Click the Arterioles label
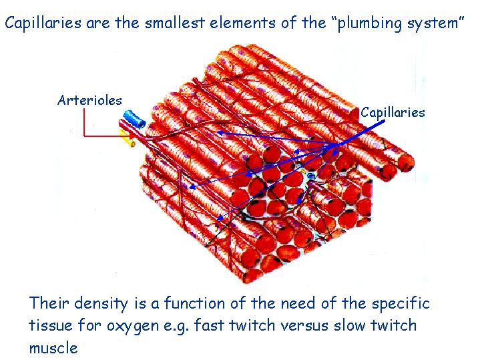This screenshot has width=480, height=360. coord(89,100)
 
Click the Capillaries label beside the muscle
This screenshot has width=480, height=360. coord(393,113)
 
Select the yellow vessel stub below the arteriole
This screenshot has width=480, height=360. coord(127,138)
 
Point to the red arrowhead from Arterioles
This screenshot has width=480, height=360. coord(133,135)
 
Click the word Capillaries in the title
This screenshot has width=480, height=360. coord(43,23)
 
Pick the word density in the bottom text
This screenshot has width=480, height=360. coord(101,303)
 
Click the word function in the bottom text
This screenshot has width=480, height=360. coord(194,303)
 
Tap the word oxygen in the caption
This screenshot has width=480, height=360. coord(133,326)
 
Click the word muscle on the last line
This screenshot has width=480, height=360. coord(53,348)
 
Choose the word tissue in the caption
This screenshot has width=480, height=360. coord(51,325)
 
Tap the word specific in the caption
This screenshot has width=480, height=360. coord(401,304)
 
